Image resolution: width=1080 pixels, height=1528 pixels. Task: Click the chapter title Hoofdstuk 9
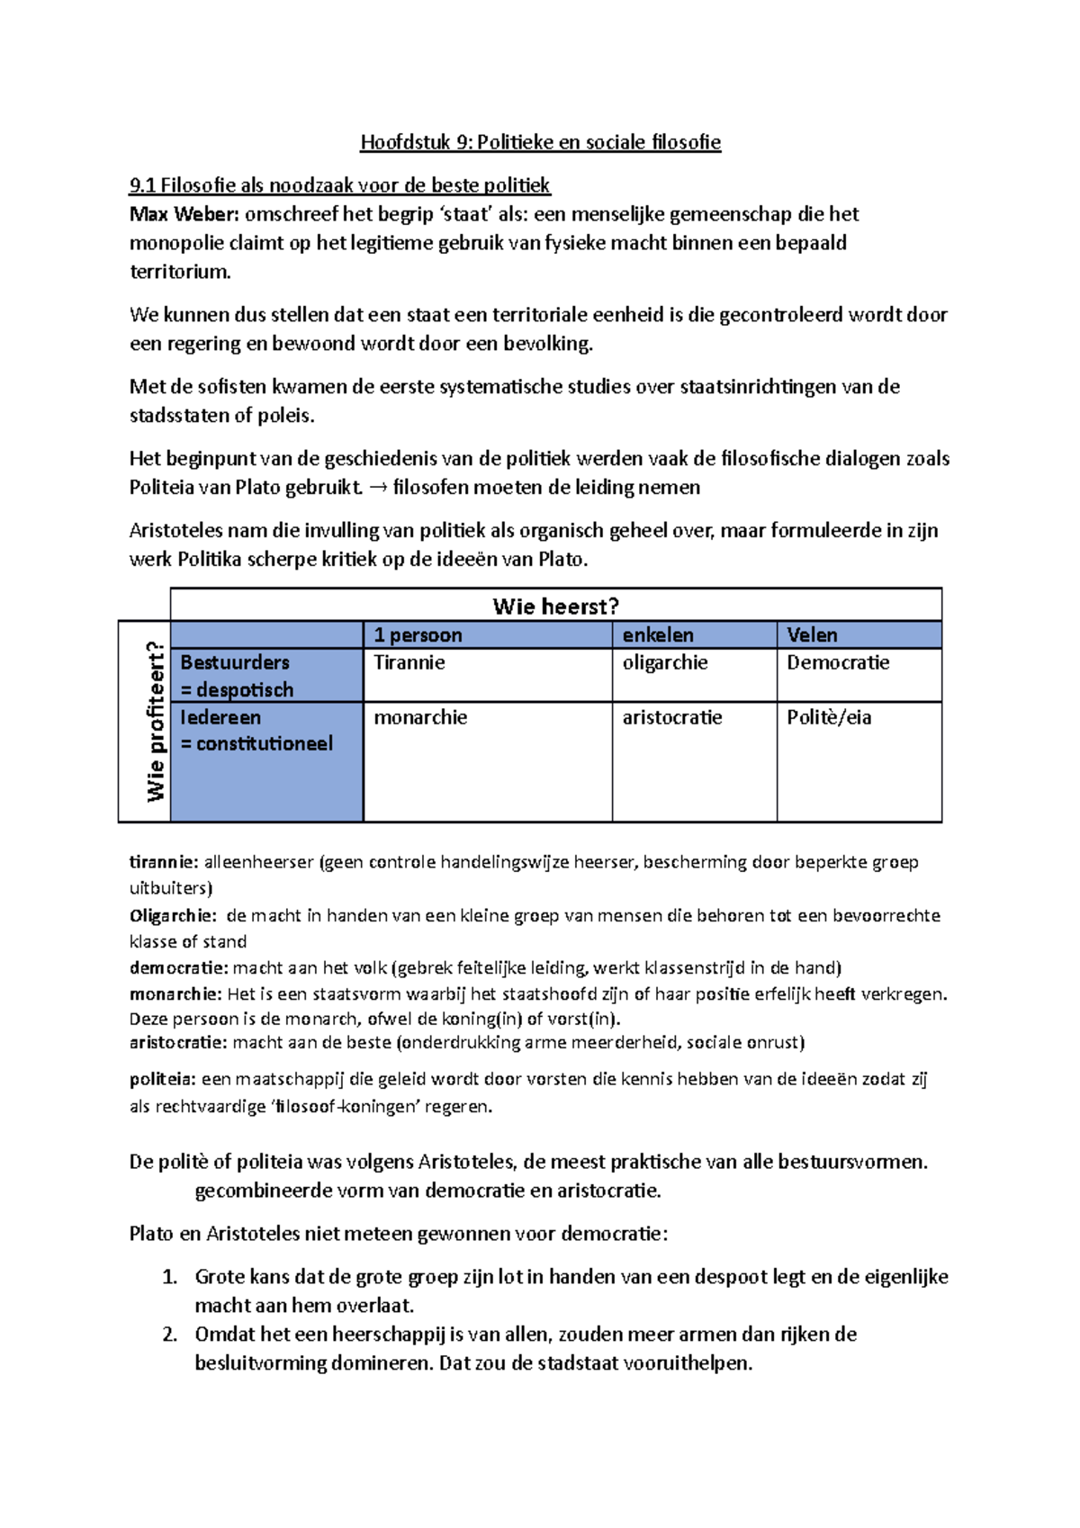(x=540, y=142)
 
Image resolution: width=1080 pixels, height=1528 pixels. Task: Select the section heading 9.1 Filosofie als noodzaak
(x=339, y=185)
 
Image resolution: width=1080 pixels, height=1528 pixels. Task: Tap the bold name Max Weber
(x=184, y=214)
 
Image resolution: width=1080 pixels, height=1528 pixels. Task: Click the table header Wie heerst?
(x=555, y=606)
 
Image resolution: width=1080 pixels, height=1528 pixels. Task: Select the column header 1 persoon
(x=418, y=634)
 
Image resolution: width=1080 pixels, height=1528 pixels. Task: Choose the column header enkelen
(x=657, y=634)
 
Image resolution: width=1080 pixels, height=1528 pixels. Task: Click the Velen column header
(x=812, y=634)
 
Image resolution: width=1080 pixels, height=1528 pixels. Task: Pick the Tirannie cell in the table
(x=409, y=662)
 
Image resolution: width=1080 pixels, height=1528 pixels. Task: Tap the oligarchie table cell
(x=665, y=662)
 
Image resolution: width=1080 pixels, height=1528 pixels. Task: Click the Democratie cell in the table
(x=838, y=662)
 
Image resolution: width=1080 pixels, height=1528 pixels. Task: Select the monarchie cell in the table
(x=420, y=717)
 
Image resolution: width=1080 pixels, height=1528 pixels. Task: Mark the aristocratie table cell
(x=672, y=717)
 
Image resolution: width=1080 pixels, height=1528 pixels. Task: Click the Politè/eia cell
(x=829, y=717)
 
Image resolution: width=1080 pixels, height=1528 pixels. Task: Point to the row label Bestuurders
(x=235, y=662)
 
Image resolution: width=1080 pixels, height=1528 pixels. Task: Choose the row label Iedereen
(x=220, y=717)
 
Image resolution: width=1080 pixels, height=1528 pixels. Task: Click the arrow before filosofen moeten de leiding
(x=379, y=488)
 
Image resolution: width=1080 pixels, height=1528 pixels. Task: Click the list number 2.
(x=169, y=1335)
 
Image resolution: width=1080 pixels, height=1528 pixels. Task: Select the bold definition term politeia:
(x=162, y=1079)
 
